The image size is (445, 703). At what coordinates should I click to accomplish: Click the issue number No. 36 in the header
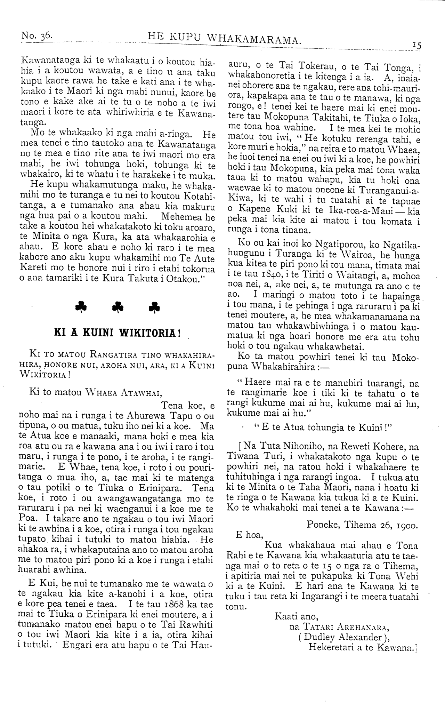pos(37,35)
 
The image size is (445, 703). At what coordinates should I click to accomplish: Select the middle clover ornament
pos(118,307)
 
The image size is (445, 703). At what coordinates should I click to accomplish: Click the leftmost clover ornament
pos(81,307)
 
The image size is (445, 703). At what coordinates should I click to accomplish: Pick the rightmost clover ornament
pos(155,307)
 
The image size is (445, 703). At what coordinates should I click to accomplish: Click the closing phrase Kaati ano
pos(297,617)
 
